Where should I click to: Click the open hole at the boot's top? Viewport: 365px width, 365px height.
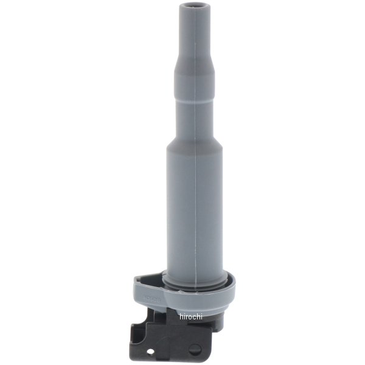187,7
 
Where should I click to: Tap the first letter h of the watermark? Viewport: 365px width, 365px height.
181,316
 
